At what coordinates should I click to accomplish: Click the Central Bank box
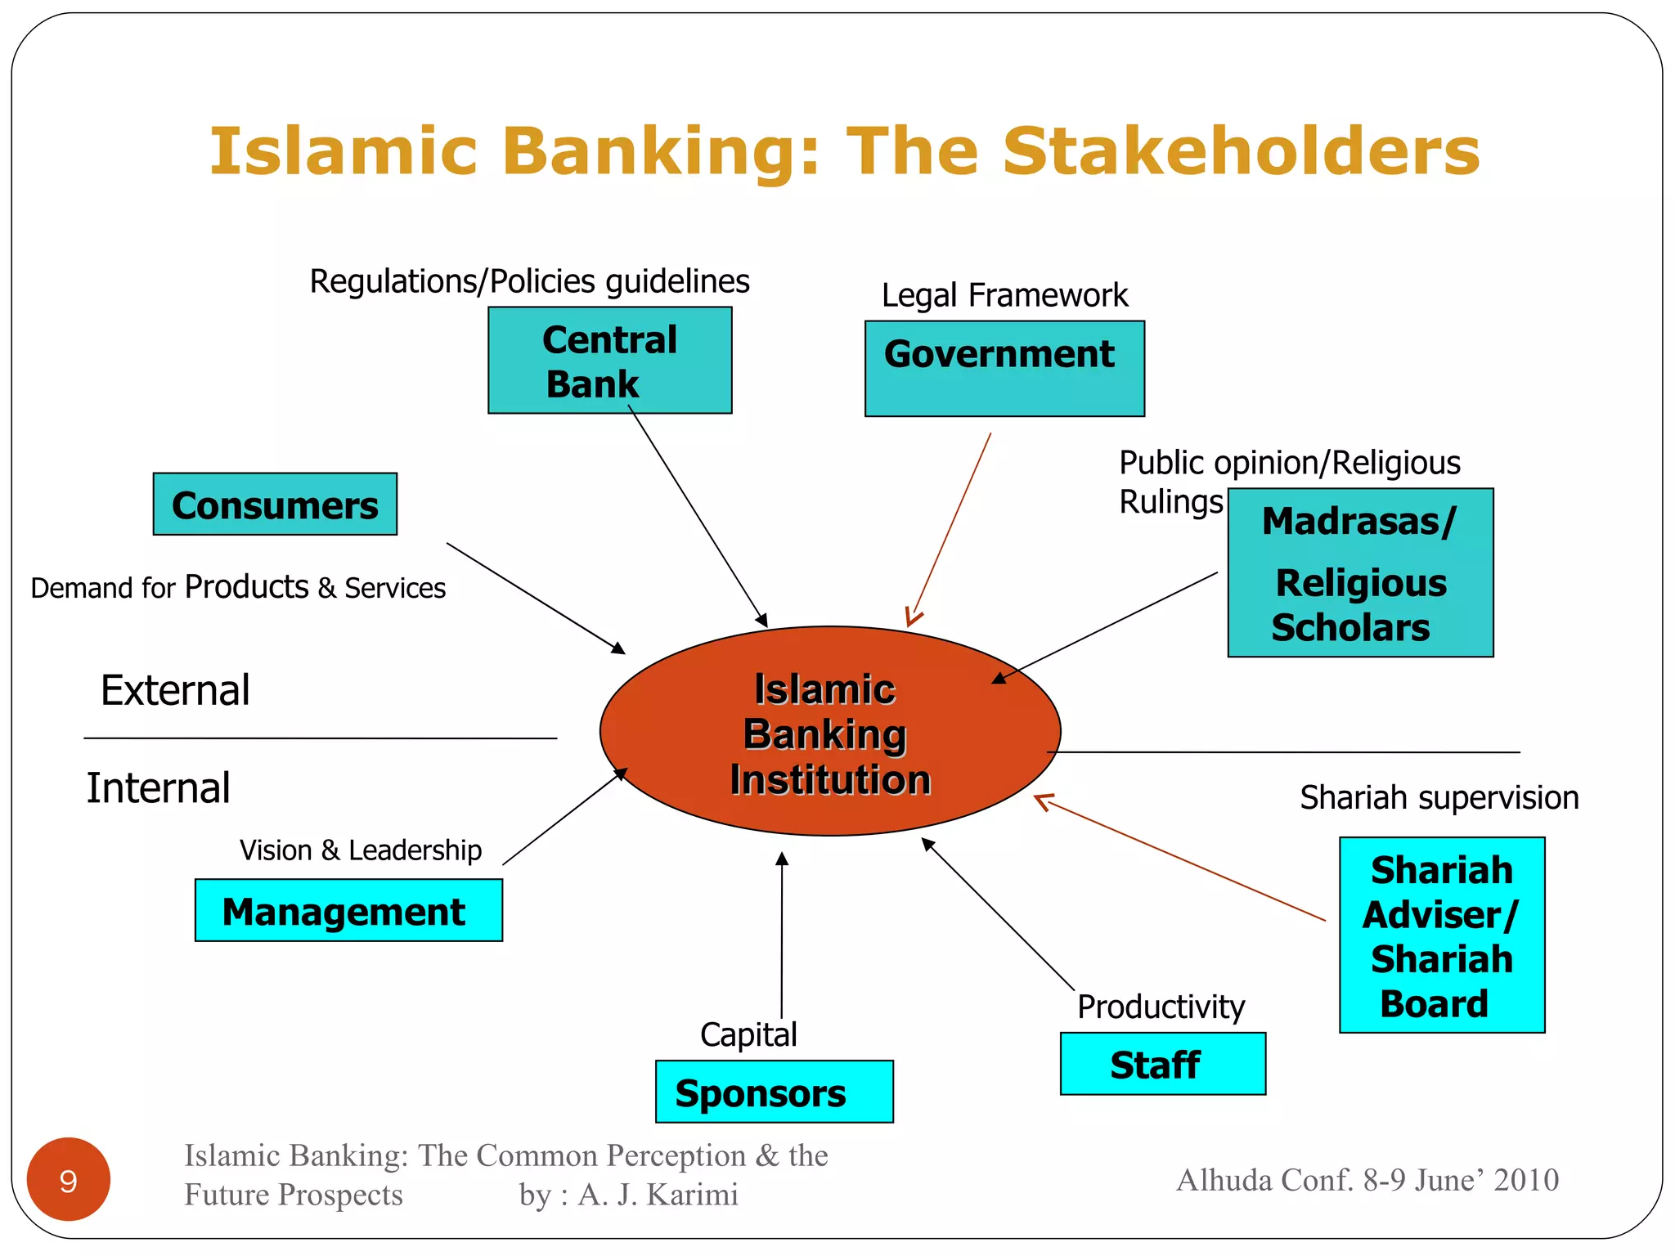609,361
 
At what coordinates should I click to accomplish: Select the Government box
1004,368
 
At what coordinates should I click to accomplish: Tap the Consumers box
275,505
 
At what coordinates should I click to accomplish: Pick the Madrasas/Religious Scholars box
1360,572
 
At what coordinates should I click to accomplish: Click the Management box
348,910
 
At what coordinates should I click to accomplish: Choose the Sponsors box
774,1092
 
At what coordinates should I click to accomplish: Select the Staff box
1162,1064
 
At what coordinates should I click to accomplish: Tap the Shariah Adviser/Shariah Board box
1441,935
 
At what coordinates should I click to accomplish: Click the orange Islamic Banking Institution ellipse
829,731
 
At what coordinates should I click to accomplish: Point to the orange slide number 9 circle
69,1179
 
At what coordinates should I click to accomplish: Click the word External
175,690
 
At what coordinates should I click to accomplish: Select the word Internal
158,788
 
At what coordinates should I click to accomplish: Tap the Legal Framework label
1004,295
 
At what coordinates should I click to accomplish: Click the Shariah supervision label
1439,797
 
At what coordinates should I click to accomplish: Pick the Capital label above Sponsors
748,1034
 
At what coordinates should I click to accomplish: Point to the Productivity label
1161,1007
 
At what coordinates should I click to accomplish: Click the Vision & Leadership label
361,850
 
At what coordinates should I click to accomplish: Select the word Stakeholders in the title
1241,152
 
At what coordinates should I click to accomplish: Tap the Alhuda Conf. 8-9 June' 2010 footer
1367,1180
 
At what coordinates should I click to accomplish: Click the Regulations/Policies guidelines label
529,281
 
